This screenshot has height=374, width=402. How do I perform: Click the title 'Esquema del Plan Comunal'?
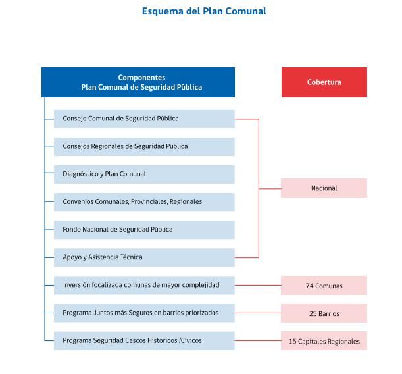(204, 11)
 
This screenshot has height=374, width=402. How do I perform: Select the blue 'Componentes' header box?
(138, 82)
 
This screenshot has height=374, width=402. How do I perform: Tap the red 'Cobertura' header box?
(324, 82)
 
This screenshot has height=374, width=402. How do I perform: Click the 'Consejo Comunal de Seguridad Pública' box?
(144, 119)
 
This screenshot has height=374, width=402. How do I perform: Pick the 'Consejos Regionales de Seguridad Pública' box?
(144, 146)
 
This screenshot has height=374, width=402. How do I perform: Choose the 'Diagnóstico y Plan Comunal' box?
(144, 174)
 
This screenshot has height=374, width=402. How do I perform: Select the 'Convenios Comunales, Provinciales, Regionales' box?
(144, 201)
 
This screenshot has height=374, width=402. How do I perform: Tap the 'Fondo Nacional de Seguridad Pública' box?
(144, 229)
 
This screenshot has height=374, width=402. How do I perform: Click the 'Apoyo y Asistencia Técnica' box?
(144, 257)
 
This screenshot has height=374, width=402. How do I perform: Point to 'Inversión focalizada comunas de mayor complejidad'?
(144, 285)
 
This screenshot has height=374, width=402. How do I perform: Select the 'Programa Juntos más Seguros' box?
(144, 313)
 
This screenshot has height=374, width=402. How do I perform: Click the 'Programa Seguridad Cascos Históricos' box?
(144, 340)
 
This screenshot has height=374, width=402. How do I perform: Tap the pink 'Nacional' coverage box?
(324, 188)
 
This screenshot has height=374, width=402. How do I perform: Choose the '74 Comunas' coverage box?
(324, 286)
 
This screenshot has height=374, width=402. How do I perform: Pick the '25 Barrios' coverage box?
(324, 313)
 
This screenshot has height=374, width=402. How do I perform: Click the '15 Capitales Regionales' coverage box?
(324, 341)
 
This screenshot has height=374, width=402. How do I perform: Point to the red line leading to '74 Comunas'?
(257, 286)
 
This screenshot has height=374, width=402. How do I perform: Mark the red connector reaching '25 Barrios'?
(257, 313)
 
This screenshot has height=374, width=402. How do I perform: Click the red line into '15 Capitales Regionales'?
(257, 341)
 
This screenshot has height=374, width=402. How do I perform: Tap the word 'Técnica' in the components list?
(131, 257)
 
